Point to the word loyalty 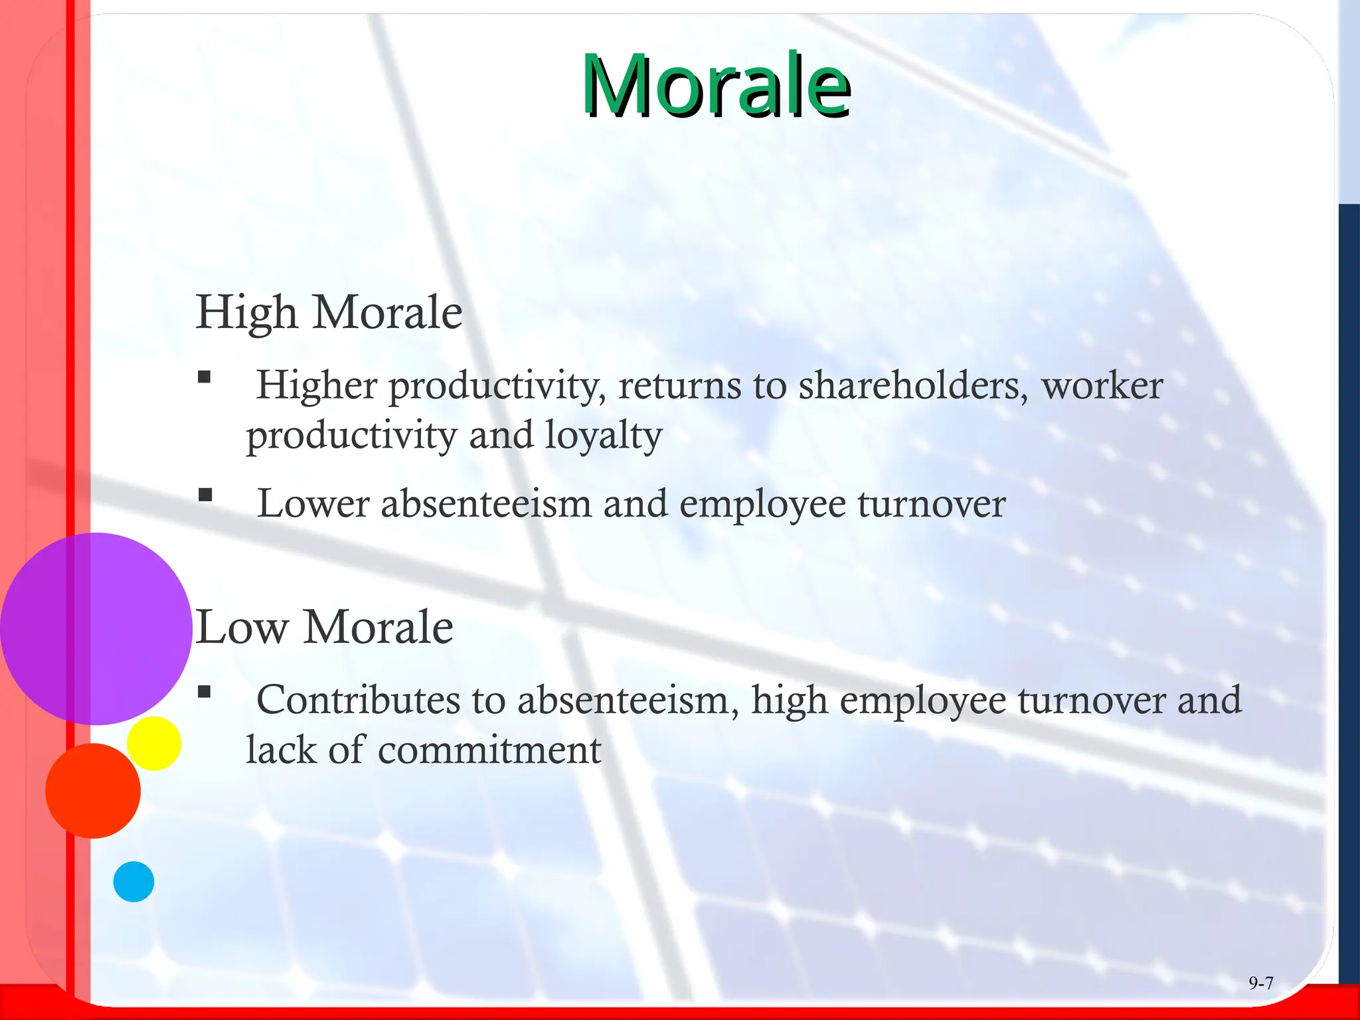pos(604,436)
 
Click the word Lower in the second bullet pos(313,503)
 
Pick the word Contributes pos(358,700)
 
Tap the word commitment pos(489,750)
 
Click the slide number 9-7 pos(1260,983)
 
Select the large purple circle pos(96,628)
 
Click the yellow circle pos(155,743)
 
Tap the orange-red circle pos(93,790)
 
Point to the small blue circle pos(133,881)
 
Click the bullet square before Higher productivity pos(205,378)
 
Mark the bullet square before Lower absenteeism pos(205,495)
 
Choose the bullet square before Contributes pos(205,693)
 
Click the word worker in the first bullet pos(1102,385)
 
